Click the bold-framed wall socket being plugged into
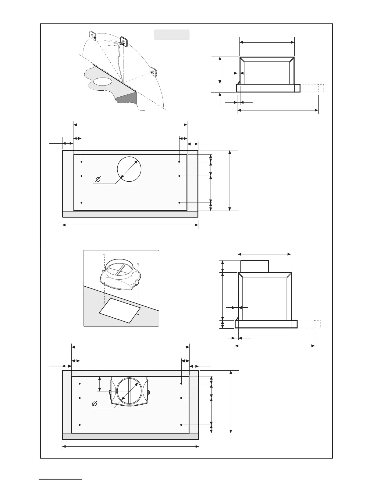124,41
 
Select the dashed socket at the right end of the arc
153,72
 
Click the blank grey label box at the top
172,35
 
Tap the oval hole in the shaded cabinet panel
102,82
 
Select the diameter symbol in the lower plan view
95,404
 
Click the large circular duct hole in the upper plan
129,169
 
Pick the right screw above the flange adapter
138,264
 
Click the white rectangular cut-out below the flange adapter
120,310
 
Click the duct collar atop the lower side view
255,266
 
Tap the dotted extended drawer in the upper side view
312,88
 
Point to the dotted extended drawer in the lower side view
308,324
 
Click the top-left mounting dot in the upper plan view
82,162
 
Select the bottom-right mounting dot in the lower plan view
181,424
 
